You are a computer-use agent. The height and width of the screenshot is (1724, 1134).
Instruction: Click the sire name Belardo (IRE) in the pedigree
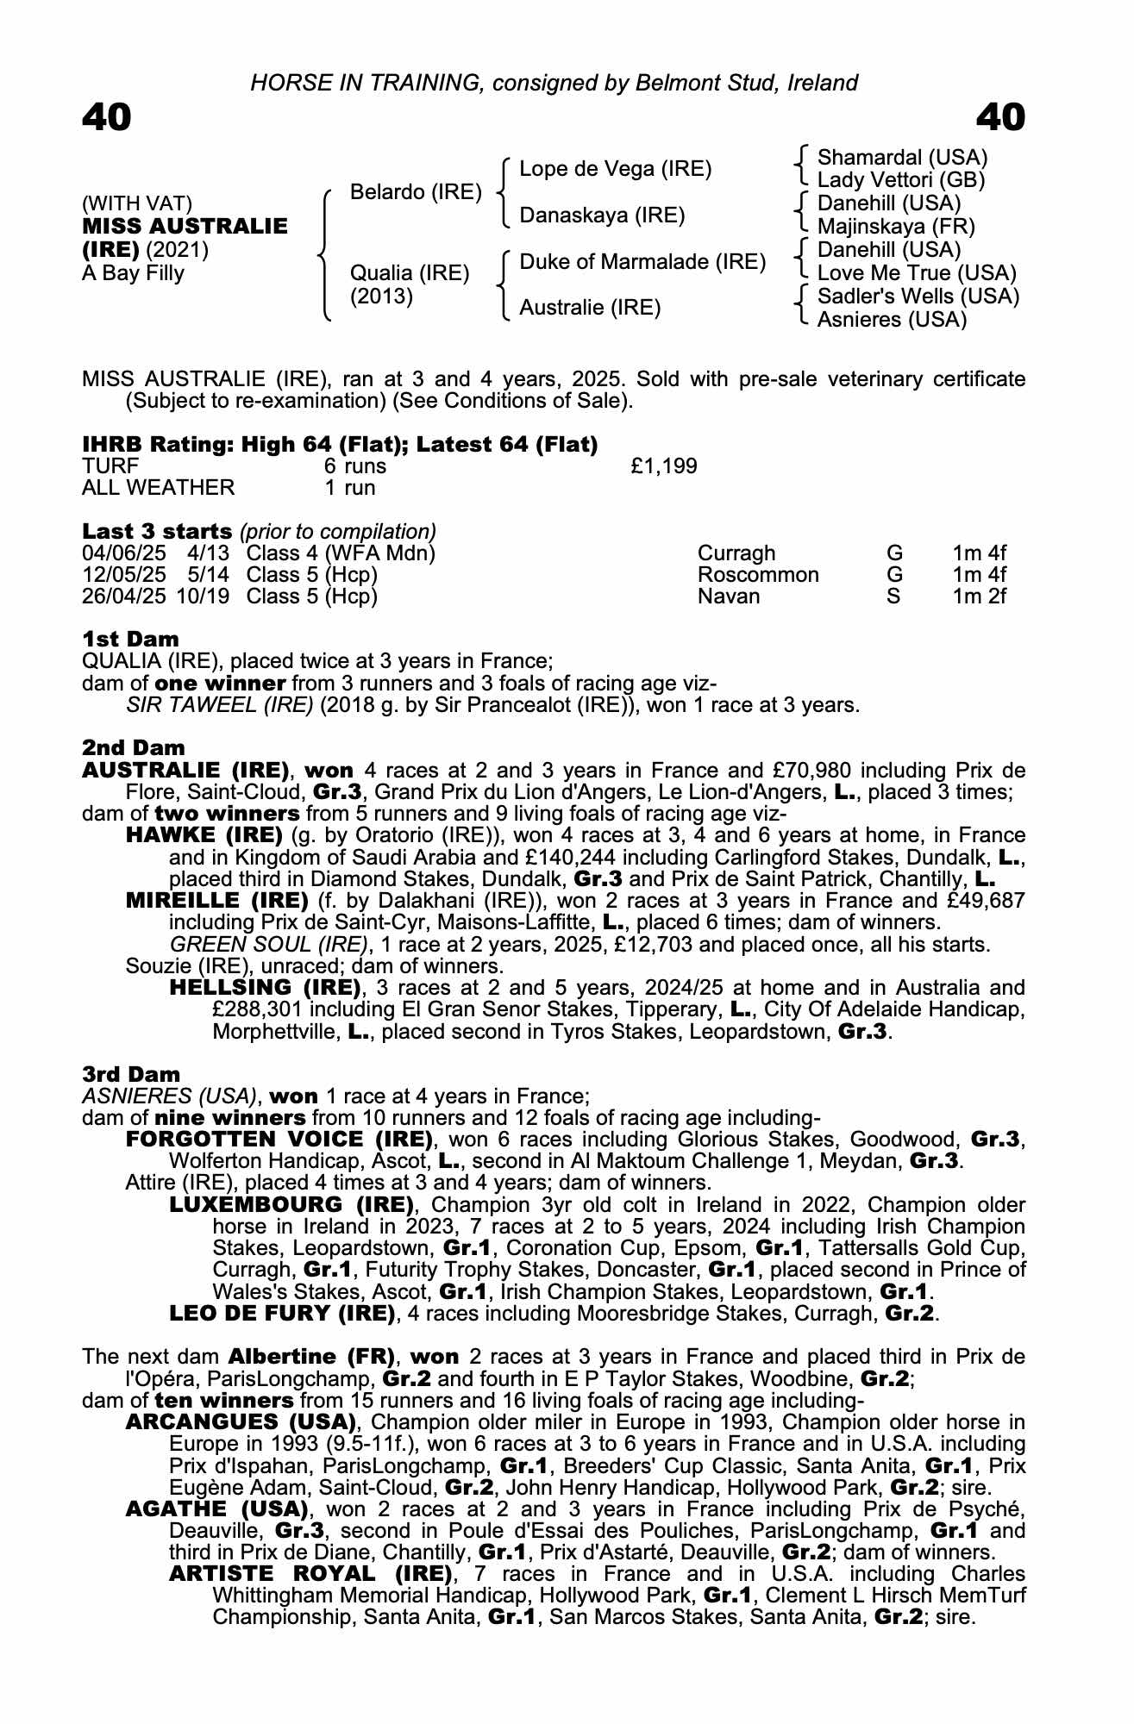(x=416, y=191)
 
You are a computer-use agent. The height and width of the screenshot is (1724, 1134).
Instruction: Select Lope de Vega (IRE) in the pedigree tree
(x=615, y=169)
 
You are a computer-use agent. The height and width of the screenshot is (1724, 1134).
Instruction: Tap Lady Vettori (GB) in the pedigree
(x=900, y=180)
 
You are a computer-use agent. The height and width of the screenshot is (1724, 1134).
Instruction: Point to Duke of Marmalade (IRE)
(x=642, y=261)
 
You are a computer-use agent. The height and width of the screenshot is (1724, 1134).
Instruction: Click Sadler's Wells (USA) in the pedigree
(x=918, y=297)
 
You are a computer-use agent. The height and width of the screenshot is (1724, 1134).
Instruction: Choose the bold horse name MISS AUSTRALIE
(x=185, y=227)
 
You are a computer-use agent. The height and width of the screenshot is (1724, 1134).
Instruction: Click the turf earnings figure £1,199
(x=663, y=466)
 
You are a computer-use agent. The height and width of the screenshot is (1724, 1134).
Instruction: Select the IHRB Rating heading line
(x=340, y=445)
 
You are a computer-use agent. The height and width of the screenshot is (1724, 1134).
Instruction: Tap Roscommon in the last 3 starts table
(x=757, y=575)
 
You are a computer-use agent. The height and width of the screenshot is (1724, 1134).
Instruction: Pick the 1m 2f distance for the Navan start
(x=979, y=597)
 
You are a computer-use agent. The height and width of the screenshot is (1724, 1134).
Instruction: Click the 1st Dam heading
(x=130, y=640)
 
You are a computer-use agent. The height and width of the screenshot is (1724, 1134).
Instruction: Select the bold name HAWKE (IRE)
(x=204, y=835)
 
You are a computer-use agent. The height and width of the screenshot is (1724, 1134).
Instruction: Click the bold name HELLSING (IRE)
(x=265, y=987)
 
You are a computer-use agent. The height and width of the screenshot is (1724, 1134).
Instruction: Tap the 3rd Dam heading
(x=131, y=1074)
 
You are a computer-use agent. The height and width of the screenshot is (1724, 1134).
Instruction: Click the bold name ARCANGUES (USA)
(x=241, y=1421)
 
